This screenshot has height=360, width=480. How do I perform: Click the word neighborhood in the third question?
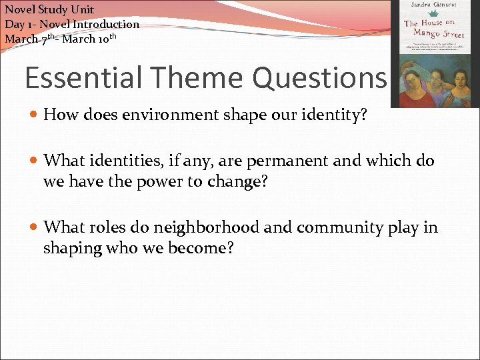pos(206,228)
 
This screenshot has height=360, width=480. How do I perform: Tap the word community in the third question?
pos(337,228)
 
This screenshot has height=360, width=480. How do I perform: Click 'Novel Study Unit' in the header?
pos(49,9)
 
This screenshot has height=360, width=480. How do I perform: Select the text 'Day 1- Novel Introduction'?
pos(72,24)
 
